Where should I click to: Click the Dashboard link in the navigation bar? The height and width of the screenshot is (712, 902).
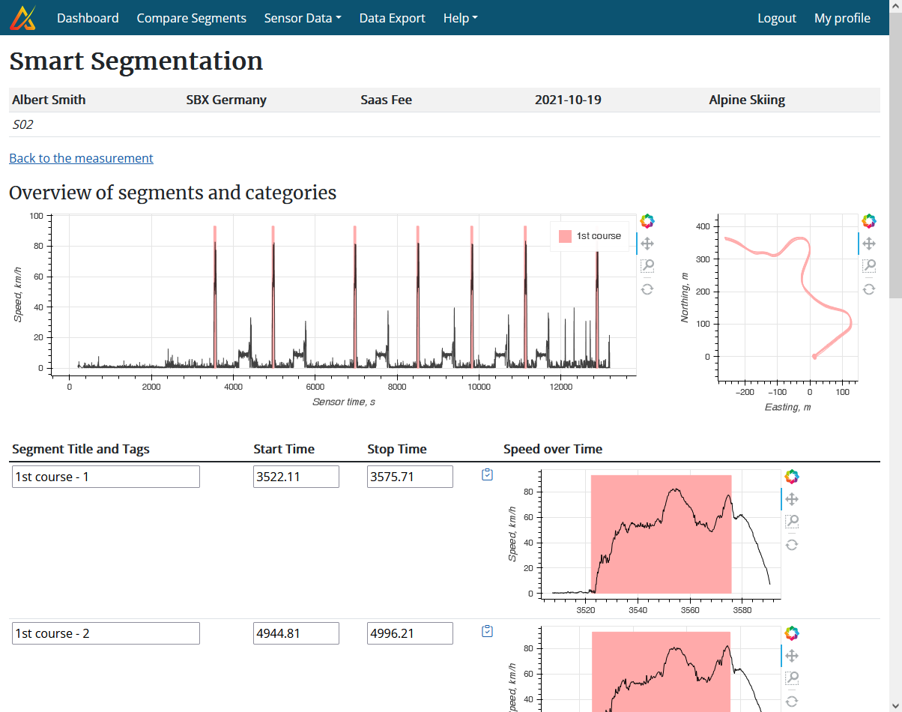88,18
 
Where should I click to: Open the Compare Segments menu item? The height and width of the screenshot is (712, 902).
191,18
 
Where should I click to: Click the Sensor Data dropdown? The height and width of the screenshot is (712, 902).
302,18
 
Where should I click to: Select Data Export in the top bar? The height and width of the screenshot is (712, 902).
392,18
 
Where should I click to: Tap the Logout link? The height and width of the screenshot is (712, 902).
776,18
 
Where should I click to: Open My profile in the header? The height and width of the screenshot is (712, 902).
842,18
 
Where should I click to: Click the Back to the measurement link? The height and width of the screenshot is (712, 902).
81,158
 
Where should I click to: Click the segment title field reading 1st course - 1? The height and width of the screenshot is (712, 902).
106,477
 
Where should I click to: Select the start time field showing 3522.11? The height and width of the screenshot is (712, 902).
296,477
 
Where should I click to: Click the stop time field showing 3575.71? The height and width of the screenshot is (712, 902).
410,477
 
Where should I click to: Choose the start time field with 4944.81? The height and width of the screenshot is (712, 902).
296,633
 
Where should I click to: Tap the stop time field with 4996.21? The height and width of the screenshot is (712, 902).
410,633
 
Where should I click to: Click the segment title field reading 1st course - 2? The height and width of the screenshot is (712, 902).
106,633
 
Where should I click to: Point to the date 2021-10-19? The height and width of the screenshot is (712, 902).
568,100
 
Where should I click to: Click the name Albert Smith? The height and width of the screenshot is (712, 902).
49,100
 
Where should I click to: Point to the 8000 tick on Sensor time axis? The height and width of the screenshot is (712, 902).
397,387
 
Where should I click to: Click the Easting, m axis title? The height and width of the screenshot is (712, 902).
787,407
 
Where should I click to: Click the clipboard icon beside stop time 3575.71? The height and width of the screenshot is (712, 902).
488,474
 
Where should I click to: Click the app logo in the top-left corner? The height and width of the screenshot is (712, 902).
22,17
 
